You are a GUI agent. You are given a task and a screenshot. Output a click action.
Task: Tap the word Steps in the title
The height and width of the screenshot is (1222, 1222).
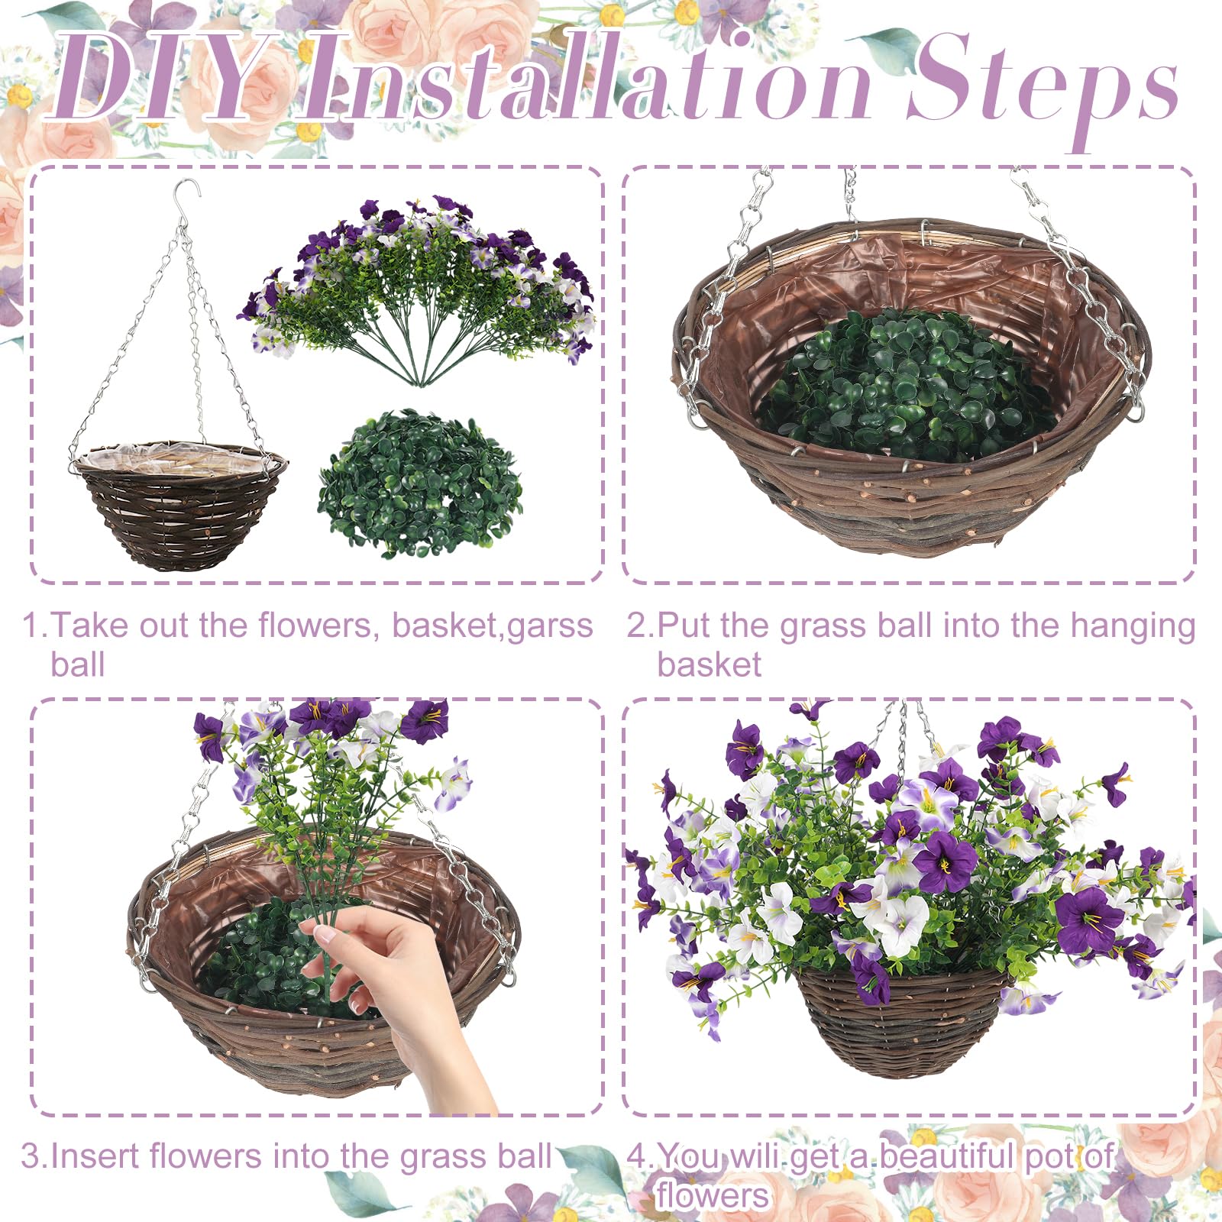click(1043, 88)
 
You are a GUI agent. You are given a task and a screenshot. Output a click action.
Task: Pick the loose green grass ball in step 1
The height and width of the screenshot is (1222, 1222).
click(421, 483)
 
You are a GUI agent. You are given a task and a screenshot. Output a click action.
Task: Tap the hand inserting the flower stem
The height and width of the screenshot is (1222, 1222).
click(405, 1008)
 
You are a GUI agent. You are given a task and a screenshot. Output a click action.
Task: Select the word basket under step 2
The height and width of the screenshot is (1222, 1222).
click(710, 664)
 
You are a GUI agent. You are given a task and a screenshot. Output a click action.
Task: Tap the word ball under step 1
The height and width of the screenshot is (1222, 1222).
click(77, 664)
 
